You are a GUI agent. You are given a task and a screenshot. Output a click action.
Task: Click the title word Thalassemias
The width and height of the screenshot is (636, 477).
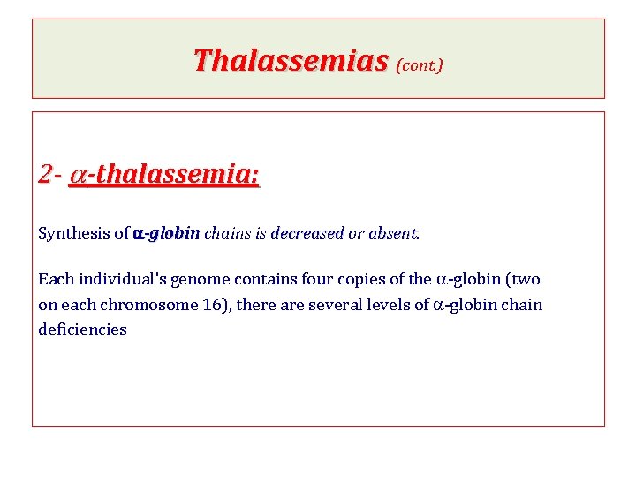(291, 61)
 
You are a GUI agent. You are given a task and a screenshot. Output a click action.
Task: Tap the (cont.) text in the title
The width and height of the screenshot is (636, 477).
(420, 64)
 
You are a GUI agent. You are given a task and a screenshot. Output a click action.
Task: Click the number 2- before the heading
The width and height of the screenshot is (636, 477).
(49, 174)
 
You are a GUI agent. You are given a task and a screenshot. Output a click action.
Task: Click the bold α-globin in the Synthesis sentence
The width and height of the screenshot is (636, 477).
(166, 234)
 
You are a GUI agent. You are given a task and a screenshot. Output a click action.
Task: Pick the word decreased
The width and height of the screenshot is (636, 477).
(307, 234)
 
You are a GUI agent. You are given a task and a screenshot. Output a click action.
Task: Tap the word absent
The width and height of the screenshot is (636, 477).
(394, 234)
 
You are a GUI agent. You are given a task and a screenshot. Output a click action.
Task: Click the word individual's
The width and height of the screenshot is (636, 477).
(122, 280)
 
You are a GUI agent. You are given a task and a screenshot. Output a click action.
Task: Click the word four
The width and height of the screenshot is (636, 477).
(314, 280)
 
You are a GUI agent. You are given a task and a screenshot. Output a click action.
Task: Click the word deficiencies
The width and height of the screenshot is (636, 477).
(82, 329)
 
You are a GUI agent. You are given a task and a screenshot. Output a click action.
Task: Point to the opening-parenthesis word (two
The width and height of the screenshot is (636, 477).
(523, 280)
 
